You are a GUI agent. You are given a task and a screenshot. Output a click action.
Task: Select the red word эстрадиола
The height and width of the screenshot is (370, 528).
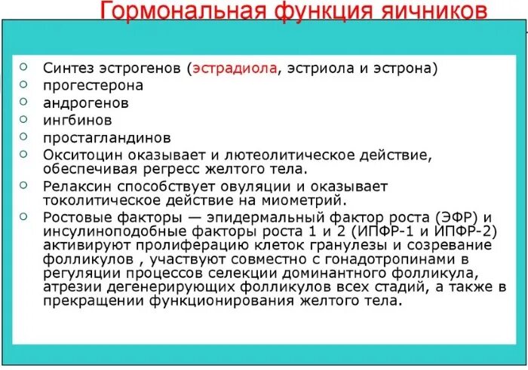pyautogui.click(x=235, y=69)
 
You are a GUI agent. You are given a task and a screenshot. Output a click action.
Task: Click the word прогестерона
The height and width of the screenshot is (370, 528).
pyautogui.click(x=93, y=85)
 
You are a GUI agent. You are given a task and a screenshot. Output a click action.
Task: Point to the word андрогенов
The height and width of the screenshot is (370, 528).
pyautogui.click(x=85, y=102)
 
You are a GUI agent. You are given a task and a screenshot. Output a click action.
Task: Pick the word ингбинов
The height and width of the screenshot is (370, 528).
pyautogui.click(x=78, y=120)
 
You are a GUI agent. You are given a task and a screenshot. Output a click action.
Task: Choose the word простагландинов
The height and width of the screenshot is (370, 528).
pyautogui.click(x=106, y=138)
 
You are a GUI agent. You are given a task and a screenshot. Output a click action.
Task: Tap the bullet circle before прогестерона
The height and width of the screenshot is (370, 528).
pyautogui.click(x=24, y=83)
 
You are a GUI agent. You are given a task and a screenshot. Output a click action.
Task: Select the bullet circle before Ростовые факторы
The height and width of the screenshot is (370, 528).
pyautogui.click(x=24, y=215)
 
